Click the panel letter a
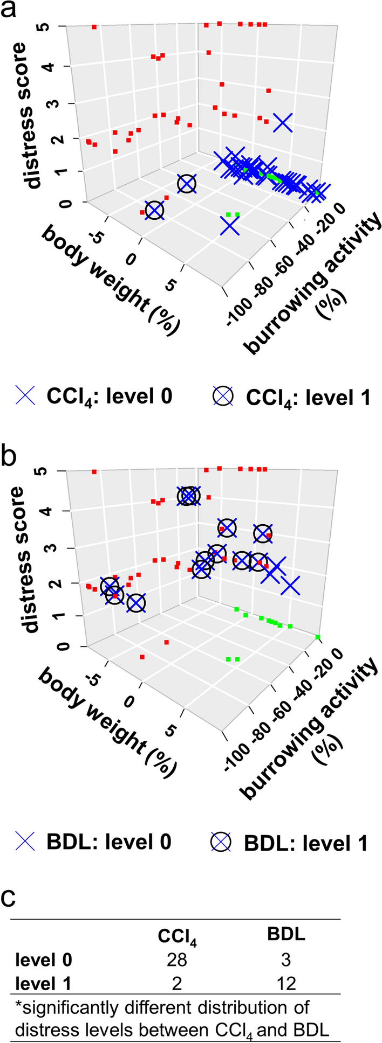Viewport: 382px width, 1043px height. [x=12, y=11]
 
